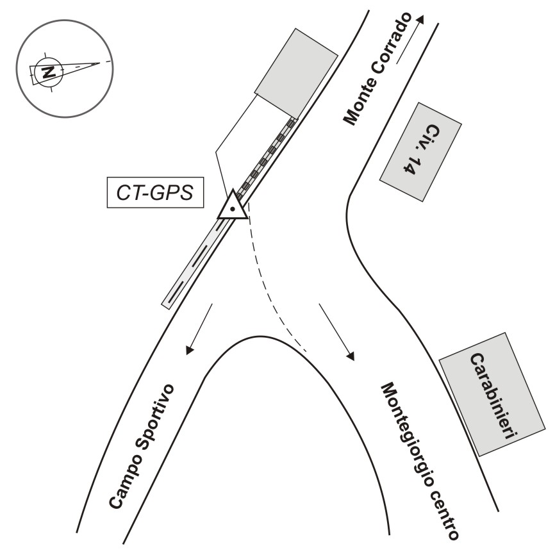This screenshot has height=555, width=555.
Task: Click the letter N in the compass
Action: [x=46, y=72]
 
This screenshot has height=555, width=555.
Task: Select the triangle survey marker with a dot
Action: [x=232, y=207]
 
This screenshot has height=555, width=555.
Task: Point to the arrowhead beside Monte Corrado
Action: [x=420, y=18]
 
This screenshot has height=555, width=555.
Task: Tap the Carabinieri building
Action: [x=492, y=393]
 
